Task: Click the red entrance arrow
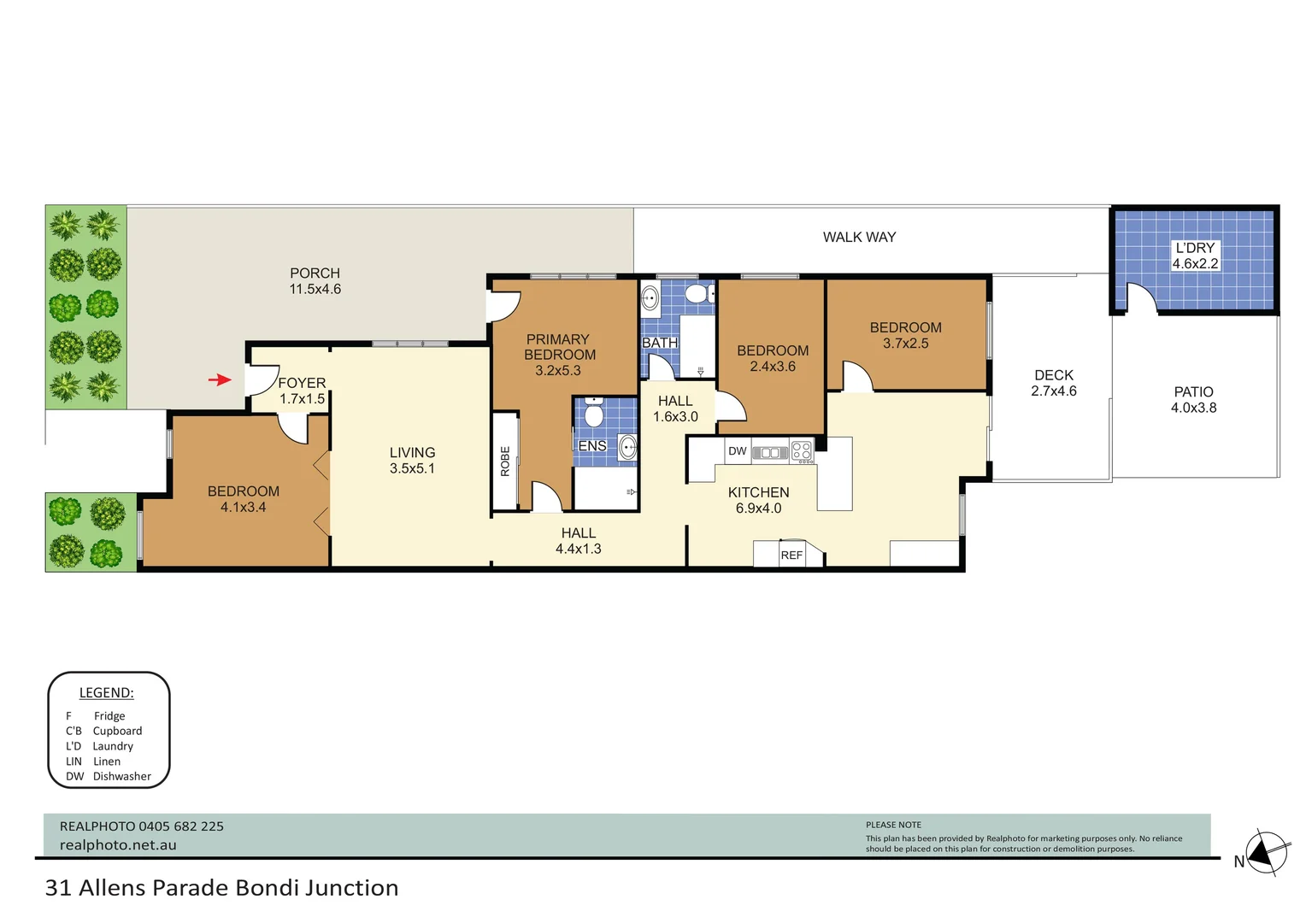220,379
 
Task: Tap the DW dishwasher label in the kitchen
737,451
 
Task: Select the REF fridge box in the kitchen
791,555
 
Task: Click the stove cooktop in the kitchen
801,451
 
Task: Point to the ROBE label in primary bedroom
505,461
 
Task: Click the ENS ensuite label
592,446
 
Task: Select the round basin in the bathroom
650,299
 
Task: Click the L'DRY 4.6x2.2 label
1194,256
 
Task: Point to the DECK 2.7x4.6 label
1053,383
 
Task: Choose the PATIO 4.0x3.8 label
1193,400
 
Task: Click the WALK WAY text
859,238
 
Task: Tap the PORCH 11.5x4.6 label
315,281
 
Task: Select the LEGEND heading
107,693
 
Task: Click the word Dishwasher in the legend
122,777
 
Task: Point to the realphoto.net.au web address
118,845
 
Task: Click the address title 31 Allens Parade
221,888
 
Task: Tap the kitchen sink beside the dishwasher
769,453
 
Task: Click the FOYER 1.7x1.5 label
302,391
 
